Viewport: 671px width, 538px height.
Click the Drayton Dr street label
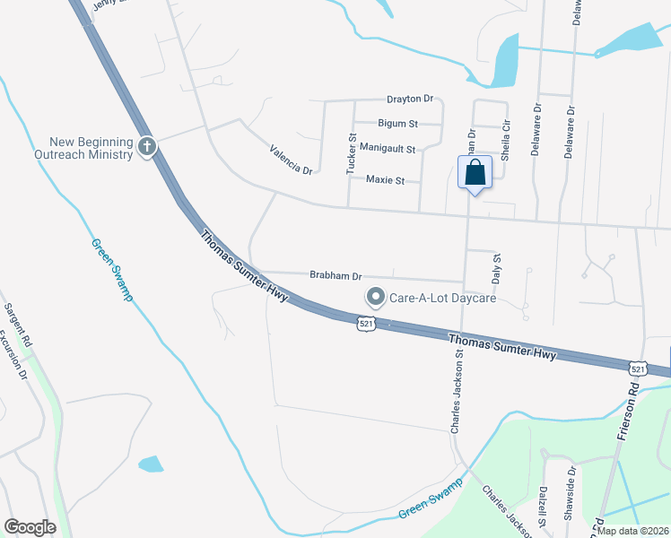tap(410, 99)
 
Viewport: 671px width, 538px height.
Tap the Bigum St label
tap(398, 123)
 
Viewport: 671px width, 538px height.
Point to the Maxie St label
tap(386, 179)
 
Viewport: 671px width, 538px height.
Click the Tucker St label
tap(352, 154)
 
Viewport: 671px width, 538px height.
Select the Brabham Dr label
tap(335, 275)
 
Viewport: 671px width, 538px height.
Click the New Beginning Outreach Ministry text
tap(91, 148)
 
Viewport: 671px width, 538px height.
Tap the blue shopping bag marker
tap(475, 172)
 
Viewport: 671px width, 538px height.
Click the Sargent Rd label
tap(18, 324)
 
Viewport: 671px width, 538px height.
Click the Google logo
tap(30, 527)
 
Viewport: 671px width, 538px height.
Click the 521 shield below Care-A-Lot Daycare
tap(364, 322)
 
